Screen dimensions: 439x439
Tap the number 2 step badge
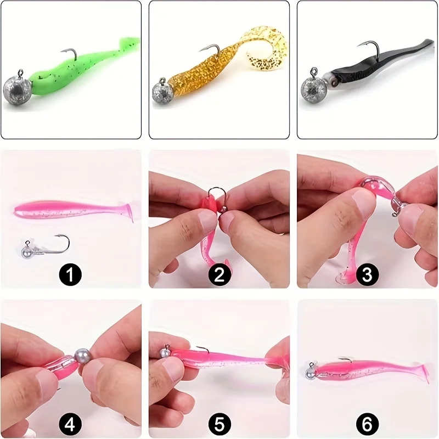(x=219, y=274)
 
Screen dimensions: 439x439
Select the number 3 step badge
(x=368, y=274)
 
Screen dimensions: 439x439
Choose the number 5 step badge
(x=219, y=423)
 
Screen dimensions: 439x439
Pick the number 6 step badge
(x=368, y=423)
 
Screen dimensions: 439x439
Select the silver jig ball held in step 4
(x=82, y=356)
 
